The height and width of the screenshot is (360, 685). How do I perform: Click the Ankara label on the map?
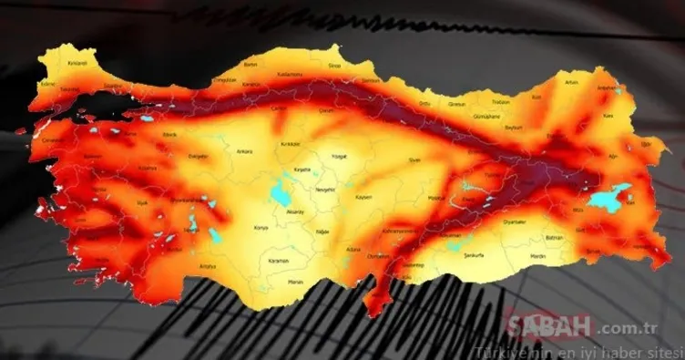(244, 151)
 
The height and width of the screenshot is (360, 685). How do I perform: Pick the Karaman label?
(278, 261)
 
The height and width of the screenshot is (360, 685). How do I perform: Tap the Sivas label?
(414, 159)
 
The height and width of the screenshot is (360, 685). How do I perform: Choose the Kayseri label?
(363, 198)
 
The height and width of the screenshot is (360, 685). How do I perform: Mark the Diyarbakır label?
(515, 219)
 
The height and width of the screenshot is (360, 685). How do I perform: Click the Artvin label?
(571, 83)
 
